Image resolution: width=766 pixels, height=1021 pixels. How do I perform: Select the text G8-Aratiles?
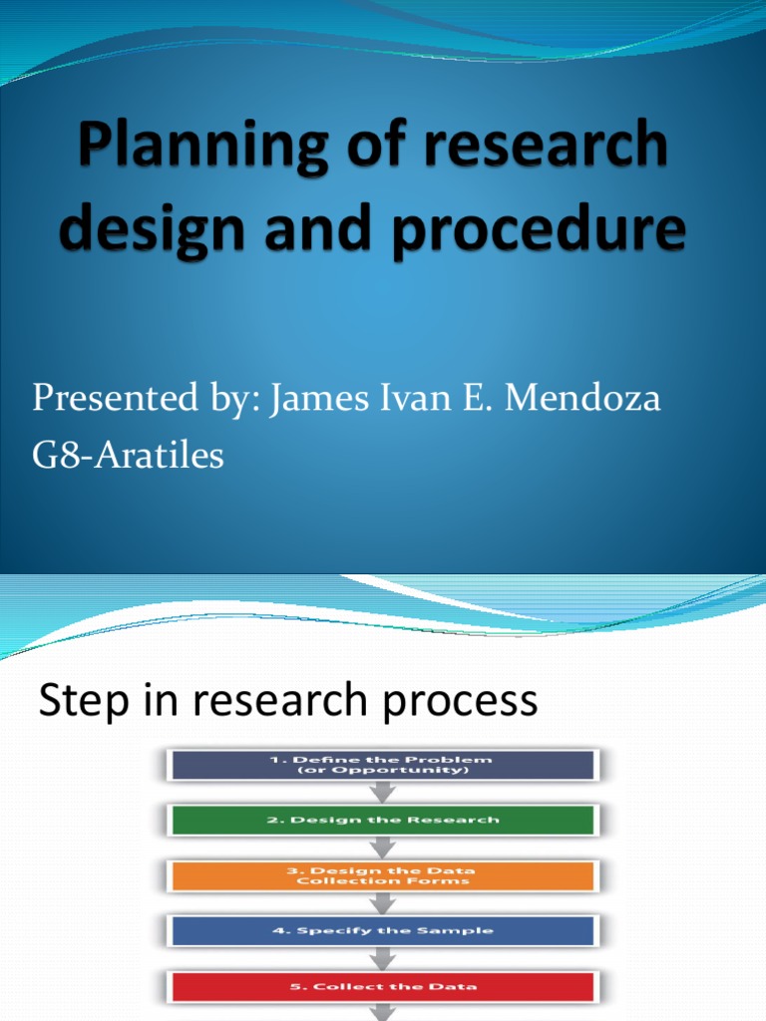(129, 457)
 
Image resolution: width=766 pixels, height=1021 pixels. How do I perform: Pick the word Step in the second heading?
(80, 701)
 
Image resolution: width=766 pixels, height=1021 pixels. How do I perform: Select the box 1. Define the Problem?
(383, 765)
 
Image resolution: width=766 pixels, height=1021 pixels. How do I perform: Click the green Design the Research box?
(383, 820)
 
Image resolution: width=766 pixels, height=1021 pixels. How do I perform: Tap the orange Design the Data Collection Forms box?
(383, 875)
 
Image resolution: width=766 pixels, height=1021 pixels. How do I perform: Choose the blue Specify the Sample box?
(383, 931)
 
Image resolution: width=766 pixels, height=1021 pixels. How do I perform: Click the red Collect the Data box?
(383, 987)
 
